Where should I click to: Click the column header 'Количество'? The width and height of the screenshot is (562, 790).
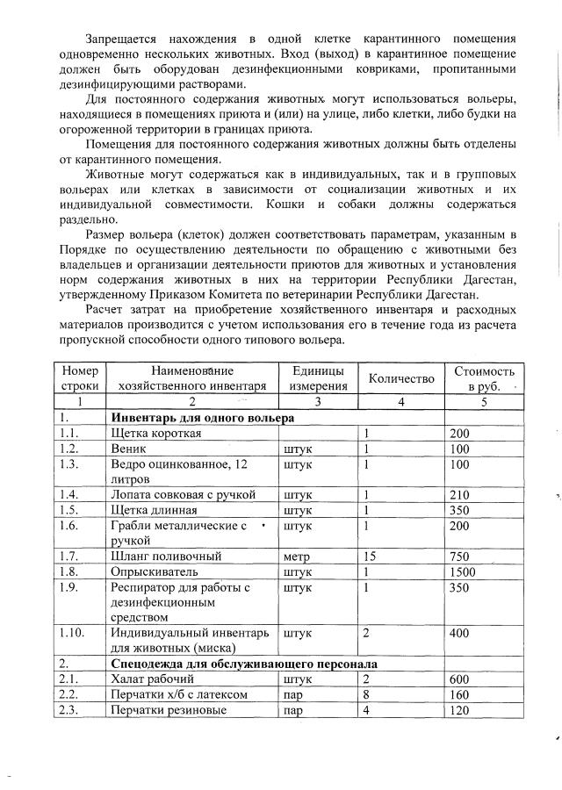click(x=401, y=378)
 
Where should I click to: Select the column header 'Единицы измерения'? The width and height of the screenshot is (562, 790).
click(x=317, y=379)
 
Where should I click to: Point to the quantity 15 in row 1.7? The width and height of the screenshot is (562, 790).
click(x=370, y=556)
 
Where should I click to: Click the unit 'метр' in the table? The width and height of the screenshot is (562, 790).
click(x=298, y=556)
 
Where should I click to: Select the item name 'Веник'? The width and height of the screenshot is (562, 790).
click(x=126, y=449)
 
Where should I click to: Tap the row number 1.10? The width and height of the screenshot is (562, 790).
click(x=73, y=631)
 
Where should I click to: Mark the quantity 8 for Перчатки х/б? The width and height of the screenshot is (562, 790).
click(x=366, y=694)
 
